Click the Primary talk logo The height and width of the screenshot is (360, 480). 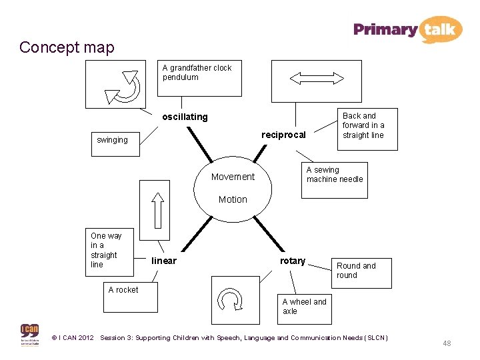tap(407, 29)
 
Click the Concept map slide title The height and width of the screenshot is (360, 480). tap(67, 47)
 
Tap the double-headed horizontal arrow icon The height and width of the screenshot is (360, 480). tap(315, 79)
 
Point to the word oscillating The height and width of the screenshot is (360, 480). tap(185, 117)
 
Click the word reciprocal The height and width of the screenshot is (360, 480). tap(283, 135)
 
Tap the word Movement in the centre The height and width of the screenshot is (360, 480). tap(233, 177)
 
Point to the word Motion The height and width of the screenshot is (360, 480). tap(233, 199)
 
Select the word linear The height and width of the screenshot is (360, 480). tap(164, 261)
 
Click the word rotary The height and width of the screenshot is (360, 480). tap(293, 261)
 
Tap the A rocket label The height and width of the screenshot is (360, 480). tap(123, 289)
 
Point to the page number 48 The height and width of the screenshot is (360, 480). tap(447, 343)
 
